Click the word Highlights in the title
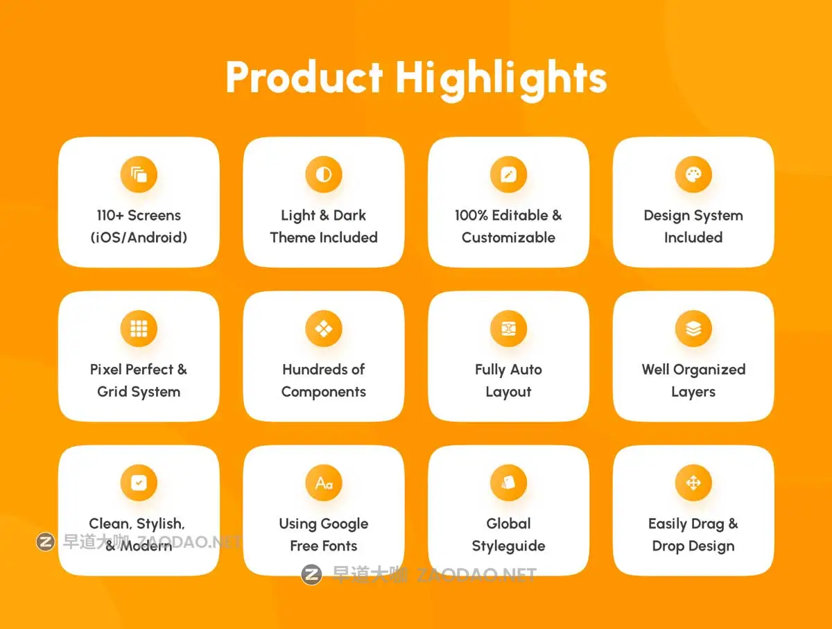[x=501, y=80]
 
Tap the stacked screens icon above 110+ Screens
[x=139, y=174]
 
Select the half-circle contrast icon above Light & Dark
[x=324, y=174]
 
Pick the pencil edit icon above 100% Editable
[x=509, y=174]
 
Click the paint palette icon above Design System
[x=693, y=174]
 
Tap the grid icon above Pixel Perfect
[x=139, y=329]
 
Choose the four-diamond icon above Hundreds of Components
[x=324, y=329]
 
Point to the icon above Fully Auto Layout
[x=509, y=329]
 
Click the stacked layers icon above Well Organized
[x=693, y=329]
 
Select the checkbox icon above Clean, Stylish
[x=139, y=483]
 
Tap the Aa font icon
[x=324, y=483]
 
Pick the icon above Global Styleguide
[x=509, y=483]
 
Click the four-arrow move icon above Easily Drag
[x=693, y=483]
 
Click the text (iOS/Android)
[x=139, y=238]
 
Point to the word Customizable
[x=509, y=238]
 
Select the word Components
[x=324, y=392]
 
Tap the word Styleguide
[x=509, y=546]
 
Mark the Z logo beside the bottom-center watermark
[x=311, y=574]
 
